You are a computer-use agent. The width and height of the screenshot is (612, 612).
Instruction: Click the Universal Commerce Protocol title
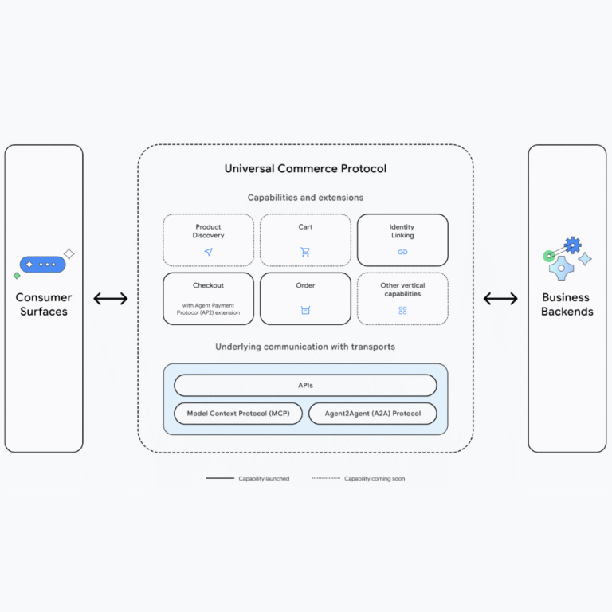point(305,168)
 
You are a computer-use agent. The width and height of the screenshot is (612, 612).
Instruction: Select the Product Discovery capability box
point(208,239)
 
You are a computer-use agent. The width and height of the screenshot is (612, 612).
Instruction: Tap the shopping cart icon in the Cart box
point(305,252)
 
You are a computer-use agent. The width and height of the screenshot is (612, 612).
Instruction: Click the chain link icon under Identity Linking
point(402,252)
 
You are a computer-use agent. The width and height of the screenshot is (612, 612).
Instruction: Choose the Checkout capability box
point(208,298)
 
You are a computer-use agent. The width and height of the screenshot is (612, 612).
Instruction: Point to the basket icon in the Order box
point(305,310)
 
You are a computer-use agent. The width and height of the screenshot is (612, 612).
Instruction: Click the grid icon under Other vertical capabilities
point(402,310)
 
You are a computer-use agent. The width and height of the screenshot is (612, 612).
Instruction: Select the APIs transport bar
point(305,386)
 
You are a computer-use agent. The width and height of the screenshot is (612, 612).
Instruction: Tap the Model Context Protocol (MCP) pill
point(238,414)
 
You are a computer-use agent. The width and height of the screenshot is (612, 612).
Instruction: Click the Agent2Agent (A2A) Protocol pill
point(372,414)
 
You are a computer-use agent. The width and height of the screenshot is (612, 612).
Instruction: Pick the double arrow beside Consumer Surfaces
point(111,299)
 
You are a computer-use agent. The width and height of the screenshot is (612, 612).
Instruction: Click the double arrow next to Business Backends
point(500,299)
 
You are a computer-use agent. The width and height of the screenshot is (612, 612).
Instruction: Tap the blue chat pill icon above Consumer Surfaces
point(42,264)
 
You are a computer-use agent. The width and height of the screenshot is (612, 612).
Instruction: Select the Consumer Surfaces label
point(44,304)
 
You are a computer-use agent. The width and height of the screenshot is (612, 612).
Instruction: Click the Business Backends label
point(567,304)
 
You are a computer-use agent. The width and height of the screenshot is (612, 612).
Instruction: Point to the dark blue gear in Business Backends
point(572,245)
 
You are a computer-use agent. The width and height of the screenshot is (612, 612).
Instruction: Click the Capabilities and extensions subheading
point(305,198)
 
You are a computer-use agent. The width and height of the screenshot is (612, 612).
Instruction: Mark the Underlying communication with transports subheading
point(305,347)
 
